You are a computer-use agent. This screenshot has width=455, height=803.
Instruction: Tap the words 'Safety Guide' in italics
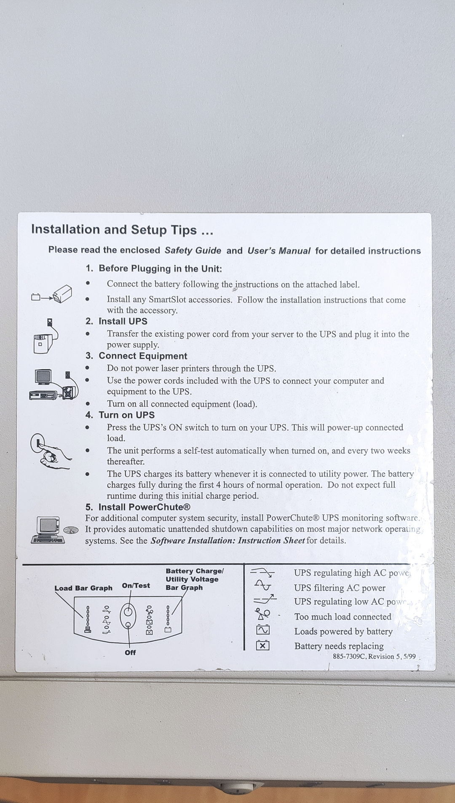pos(193,250)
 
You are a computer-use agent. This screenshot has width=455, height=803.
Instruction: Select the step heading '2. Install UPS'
pos(117,321)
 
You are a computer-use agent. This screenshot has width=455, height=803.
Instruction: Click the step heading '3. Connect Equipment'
pos(136,356)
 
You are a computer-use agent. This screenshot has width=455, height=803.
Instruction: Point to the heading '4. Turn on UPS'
pos(120,415)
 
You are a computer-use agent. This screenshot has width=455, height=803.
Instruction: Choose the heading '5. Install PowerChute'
pos(138,507)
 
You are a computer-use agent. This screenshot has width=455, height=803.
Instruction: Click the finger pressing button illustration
pos(50,451)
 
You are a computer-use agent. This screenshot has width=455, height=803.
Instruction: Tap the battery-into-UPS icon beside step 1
pos(52,294)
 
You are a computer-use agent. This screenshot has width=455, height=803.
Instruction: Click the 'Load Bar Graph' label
pos(83,588)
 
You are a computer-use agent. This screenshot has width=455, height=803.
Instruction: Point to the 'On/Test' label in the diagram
pos(136,585)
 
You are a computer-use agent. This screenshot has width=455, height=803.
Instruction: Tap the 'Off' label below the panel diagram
pos(130,653)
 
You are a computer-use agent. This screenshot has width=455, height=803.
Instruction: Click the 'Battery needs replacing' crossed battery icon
pos(263,645)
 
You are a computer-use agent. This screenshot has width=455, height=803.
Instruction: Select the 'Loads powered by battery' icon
pos(263,630)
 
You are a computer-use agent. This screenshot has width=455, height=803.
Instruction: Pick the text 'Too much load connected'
pos(343,617)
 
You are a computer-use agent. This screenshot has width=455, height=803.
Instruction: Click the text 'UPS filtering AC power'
pos(340,588)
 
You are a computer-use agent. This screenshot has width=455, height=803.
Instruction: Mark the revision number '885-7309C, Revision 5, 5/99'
pos(374,656)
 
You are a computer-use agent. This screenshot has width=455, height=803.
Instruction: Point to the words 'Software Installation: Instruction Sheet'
pos(227,541)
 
